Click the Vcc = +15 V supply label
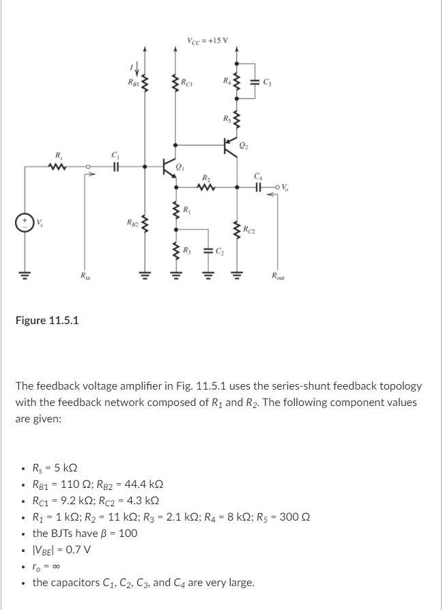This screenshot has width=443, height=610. (207, 40)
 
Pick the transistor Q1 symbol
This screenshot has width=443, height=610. (170, 166)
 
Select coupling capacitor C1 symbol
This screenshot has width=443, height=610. (115, 166)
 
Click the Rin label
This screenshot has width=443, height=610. (83, 277)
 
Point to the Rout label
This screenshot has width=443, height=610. (278, 277)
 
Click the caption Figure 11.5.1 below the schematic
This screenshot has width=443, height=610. (46, 320)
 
